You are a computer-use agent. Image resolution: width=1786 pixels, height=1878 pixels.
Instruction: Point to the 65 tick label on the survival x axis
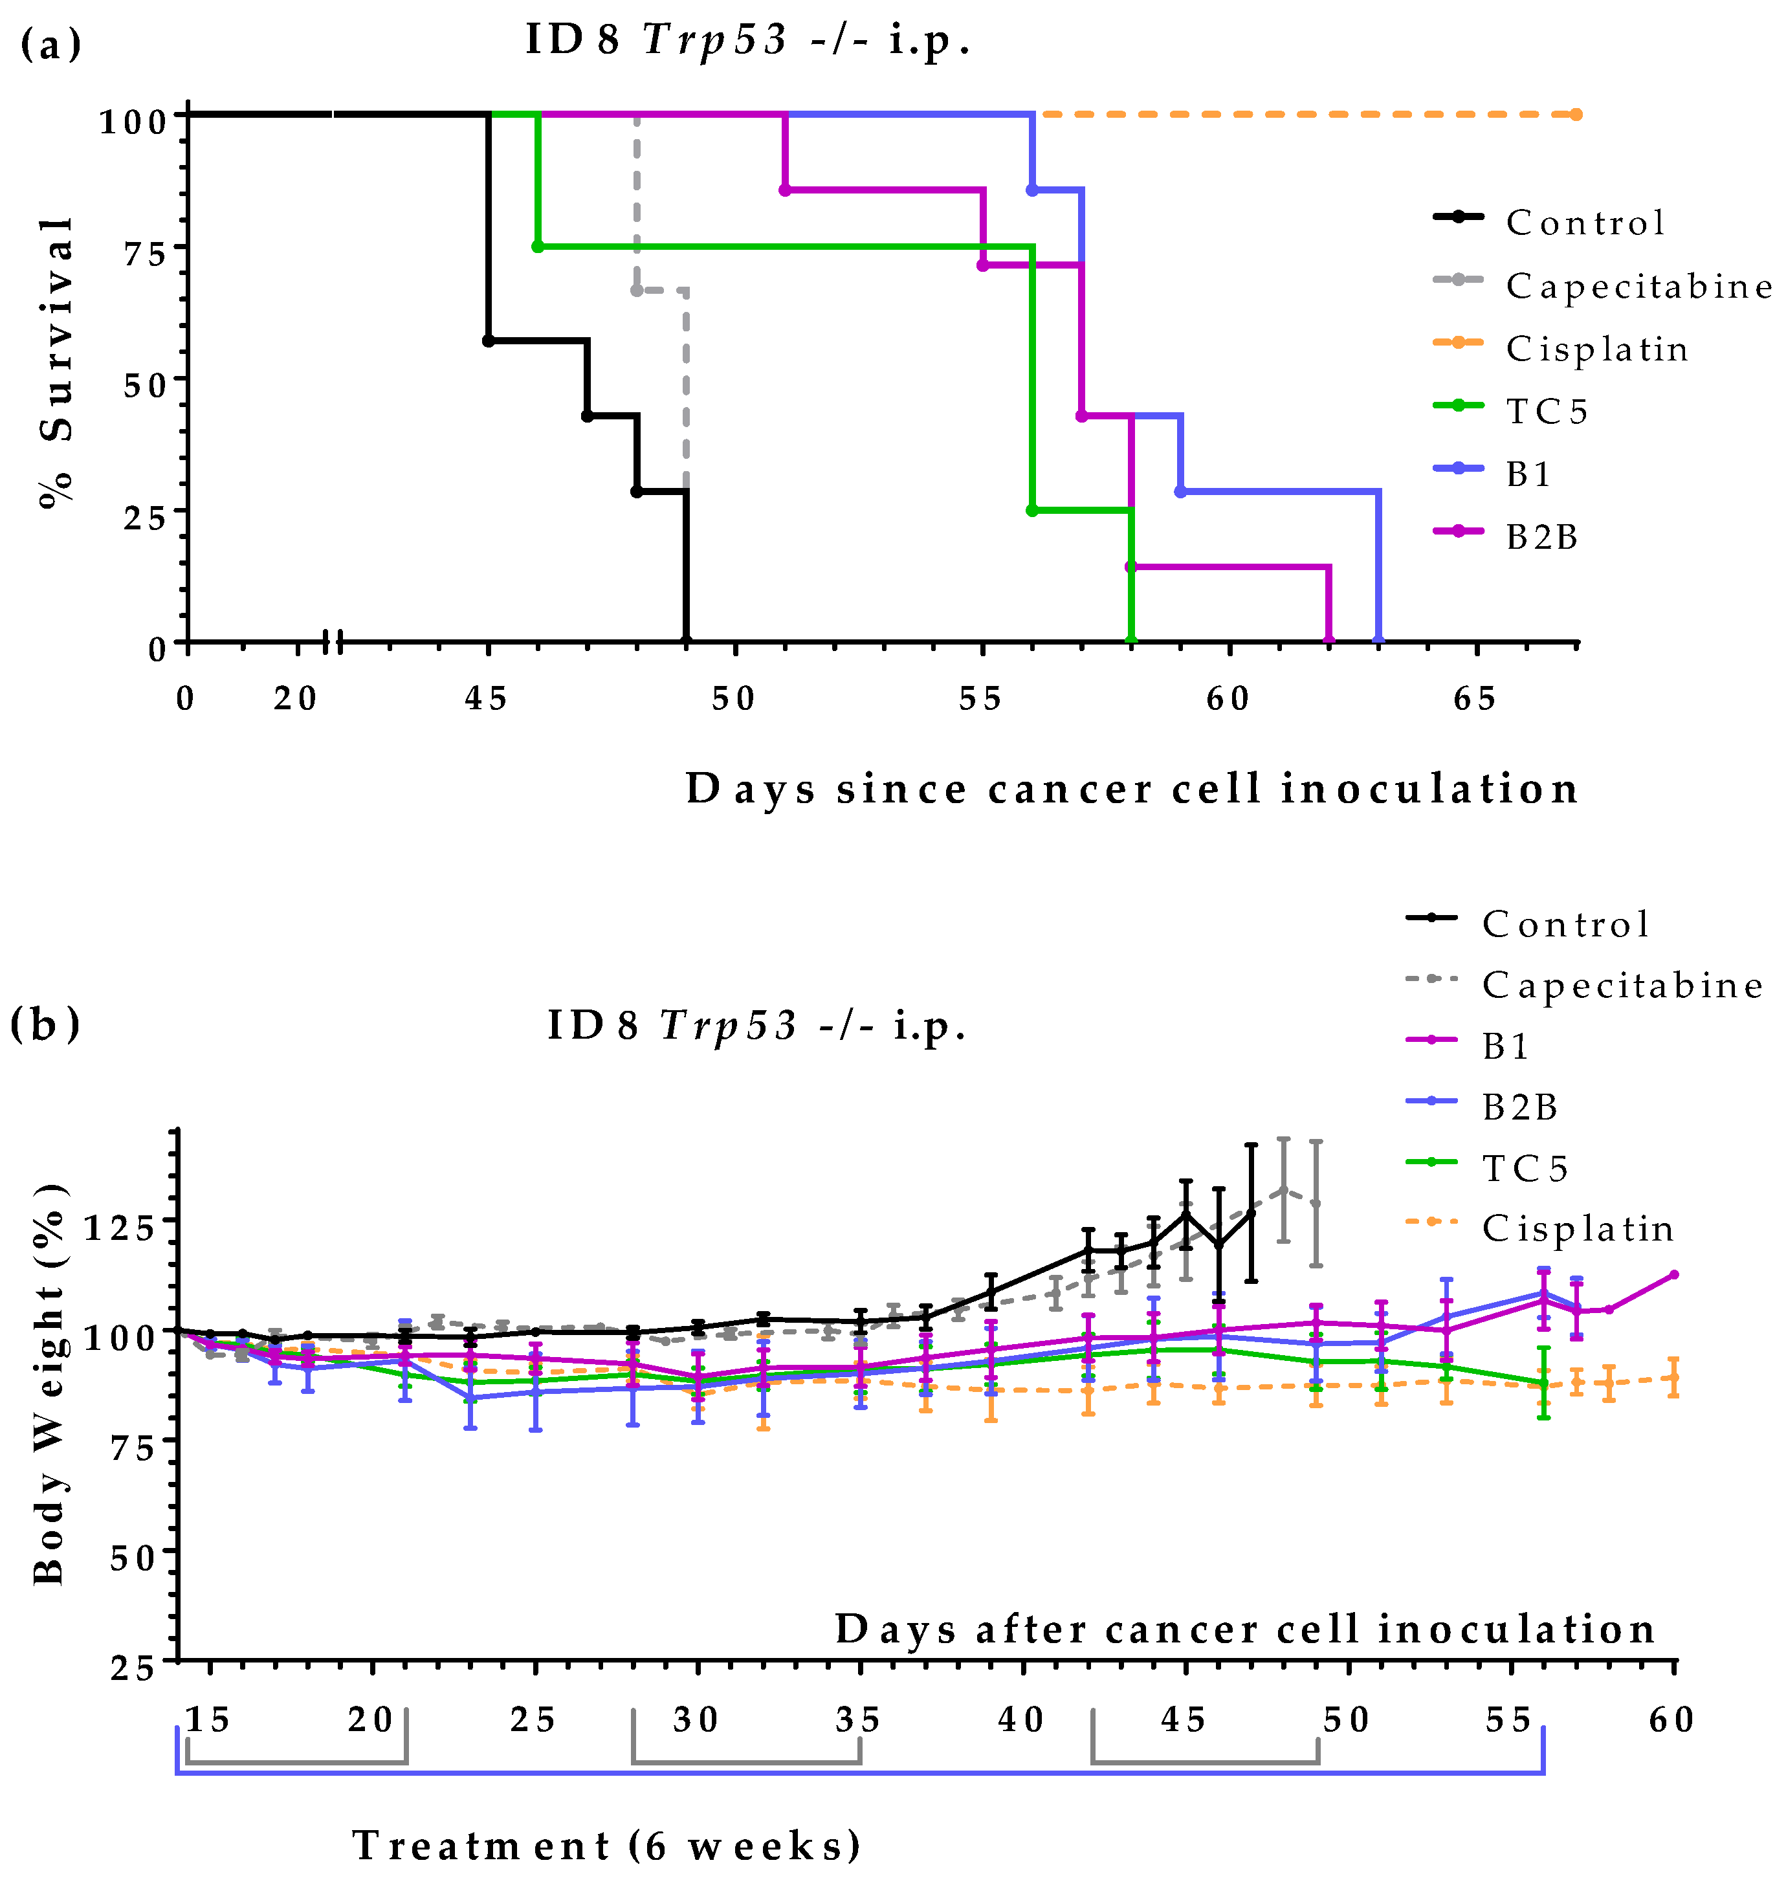[x=1475, y=700]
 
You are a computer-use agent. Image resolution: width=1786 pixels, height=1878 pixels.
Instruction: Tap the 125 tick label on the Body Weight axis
[x=119, y=1228]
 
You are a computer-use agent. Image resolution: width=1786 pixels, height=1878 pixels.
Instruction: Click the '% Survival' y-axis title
[x=57, y=362]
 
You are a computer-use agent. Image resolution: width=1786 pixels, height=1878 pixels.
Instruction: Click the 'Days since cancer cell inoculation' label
[x=1132, y=789]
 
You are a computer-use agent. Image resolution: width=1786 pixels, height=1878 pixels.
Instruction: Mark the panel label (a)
[x=50, y=45]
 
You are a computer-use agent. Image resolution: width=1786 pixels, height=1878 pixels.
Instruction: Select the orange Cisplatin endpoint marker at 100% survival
[x=1576, y=115]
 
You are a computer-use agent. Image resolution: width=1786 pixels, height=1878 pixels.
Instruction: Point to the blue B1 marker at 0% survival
[x=1378, y=641]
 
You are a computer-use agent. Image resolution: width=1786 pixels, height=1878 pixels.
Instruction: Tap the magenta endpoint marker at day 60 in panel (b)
[x=1673, y=1274]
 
